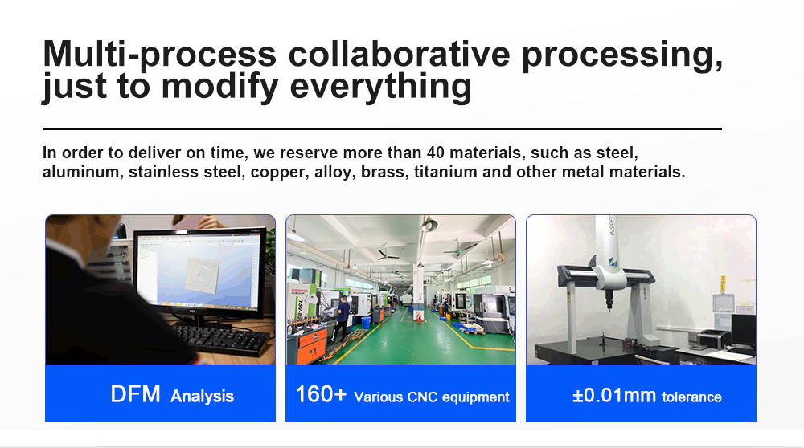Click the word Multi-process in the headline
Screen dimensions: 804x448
[159, 54]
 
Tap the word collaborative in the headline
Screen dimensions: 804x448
[399, 53]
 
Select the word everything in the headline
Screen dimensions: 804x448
[380, 86]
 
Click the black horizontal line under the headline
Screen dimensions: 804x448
[382, 128]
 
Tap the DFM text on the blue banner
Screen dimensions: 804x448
[135, 395]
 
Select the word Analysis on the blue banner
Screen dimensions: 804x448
[202, 397]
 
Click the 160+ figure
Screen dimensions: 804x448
[321, 394]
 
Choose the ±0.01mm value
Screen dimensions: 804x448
[613, 395]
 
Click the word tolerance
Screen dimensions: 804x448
[691, 397]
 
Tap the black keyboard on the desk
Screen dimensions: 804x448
[222, 339]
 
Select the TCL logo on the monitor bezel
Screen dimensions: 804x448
[193, 311]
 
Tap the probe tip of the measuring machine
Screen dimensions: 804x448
[609, 308]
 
